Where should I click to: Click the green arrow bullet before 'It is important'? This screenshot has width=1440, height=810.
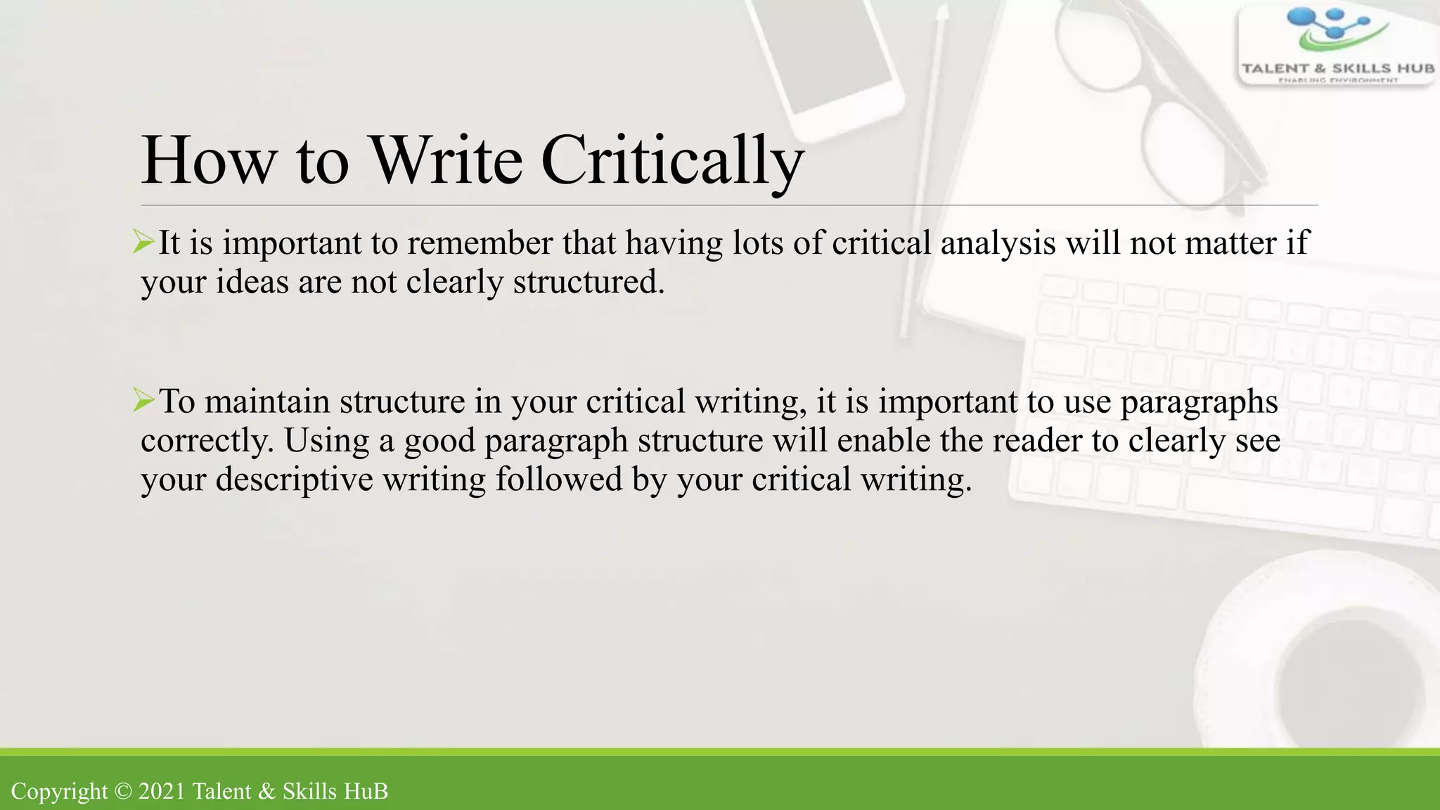click(x=143, y=243)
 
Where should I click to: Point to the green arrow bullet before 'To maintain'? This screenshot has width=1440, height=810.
click(x=143, y=401)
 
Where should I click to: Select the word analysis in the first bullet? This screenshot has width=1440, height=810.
click(x=998, y=243)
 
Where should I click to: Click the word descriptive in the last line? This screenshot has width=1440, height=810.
click(x=294, y=480)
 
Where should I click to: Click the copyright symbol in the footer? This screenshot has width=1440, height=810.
click(x=123, y=791)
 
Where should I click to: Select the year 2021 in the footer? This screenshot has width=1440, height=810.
click(x=162, y=791)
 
